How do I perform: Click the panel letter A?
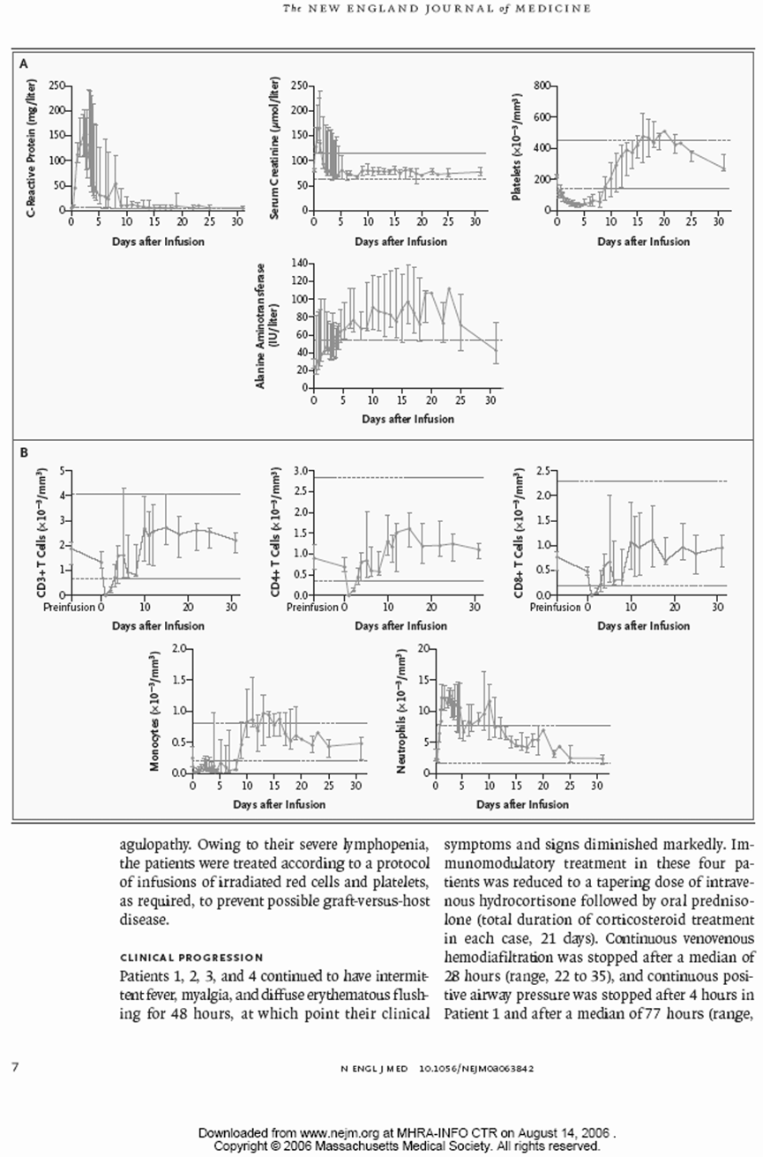pyautogui.click(x=24, y=64)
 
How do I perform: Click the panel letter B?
pyautogui.click(x=24, y=453)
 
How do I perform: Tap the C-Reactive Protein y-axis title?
pyautogui.click(x=33, y=147)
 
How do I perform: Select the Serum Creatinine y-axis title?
pyautogui.click(x=275, y=148)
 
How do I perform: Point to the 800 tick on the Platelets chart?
pyautogui.click(x=542, y=86)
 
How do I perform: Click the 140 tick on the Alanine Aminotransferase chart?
pyautogui.click(x=300, y=264)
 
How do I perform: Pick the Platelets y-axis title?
pyautogui.click(x=517, y=147)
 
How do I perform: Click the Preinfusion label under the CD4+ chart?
pyautogui.click(x=312, y=607)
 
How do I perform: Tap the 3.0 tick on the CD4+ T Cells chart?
pyautogui.click(x=300, y=471)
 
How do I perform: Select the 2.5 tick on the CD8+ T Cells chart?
pyautogui.click(x=543, y=471)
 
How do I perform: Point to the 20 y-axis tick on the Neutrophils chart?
pyautogui.click(x=423, y=648)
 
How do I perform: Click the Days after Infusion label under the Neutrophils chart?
pyautogui.click(x=522, y=804)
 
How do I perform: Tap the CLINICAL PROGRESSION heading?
pyautogui.click(x=191, y=958)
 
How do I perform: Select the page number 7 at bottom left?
pyautogui.click(x=16, y=1067)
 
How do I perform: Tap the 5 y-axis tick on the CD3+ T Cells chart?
pyautogui.click(x=62, y=471)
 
